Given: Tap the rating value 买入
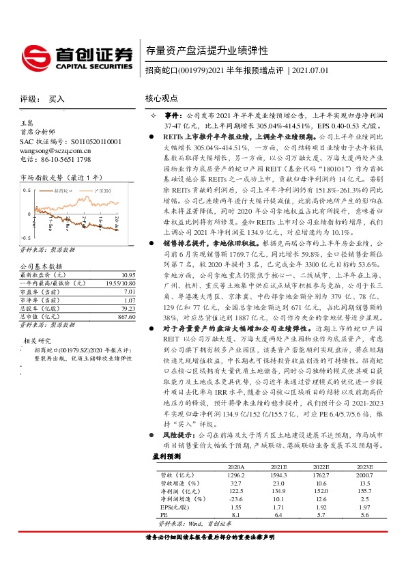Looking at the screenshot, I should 57,99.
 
